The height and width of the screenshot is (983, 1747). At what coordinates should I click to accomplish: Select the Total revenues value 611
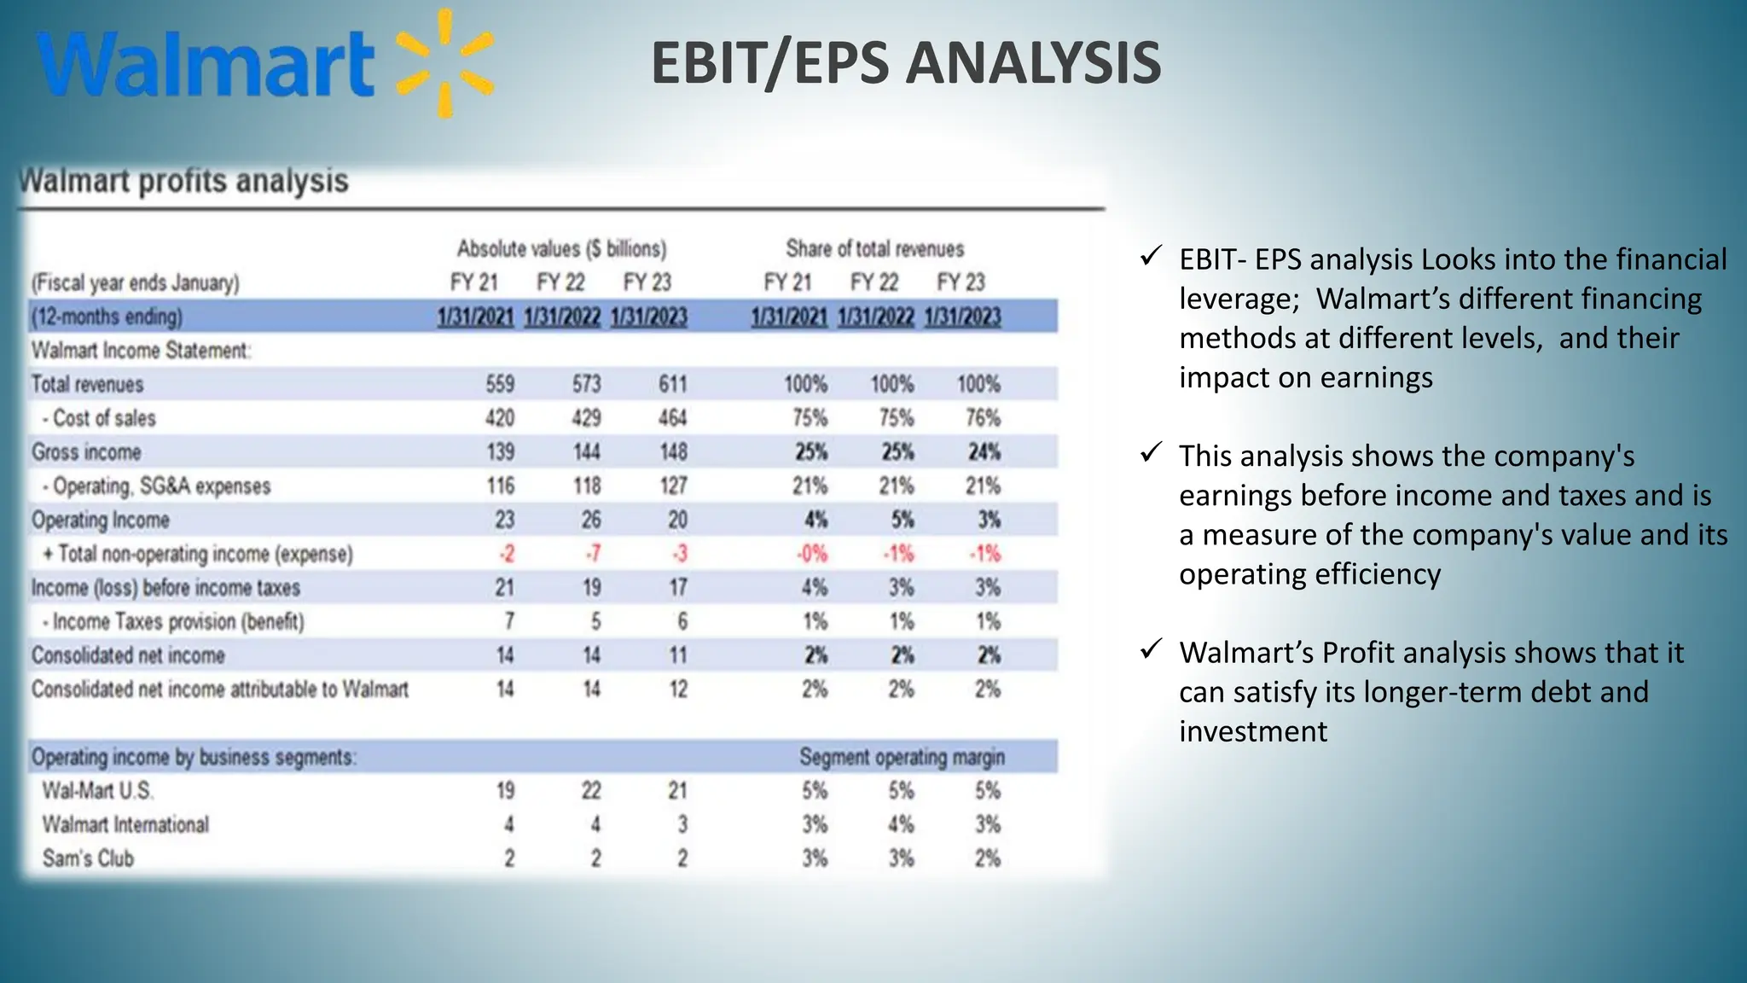pyautogui.click(x=672, y=384)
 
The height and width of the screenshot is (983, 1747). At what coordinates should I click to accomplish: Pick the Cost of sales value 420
pyautogui.click(x=500, y=418)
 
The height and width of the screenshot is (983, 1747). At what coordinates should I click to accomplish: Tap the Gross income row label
pyautogui.click(x=86, y=452)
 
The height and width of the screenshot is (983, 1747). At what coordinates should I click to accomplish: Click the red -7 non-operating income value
pyautogui.click(x=593, y=554)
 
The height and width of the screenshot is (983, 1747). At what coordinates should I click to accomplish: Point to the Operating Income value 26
pyautogui.click(x=590, y=520)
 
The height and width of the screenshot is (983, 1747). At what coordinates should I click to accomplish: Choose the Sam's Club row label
pyautogui.click(x=88, y=858)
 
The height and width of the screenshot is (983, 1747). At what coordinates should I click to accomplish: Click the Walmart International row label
pyautogui.click(x=125, y=824)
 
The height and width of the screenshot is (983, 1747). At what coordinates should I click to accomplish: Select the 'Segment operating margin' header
pyautogui.click(x=902, y=757)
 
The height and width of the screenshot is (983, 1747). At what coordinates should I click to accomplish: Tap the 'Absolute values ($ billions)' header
pyautogui.click(x=561, y=249)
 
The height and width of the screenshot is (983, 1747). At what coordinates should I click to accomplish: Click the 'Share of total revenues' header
pyautogui.click(x=874, y=249)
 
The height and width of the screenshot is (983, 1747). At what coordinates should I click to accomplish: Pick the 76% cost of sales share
pyautogui.click(x=983, y=418)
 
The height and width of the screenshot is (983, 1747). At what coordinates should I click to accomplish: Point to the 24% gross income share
pyautogui.click(x=984, y=452)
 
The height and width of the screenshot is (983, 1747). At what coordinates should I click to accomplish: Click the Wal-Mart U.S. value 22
pyautogui.click(x=590, y=791)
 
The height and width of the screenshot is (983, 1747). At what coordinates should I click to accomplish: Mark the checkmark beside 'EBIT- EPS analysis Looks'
pyautogui.click(x=1151, y=256)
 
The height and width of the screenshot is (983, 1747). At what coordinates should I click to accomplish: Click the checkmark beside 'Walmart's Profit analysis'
pyautogui.click(x=1151, y=649)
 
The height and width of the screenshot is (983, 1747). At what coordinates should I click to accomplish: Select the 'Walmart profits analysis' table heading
pyautogui.click(x=184, y=181)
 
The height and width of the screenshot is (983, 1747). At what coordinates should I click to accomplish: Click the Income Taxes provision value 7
pyautogui.click(x=509, y=621)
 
